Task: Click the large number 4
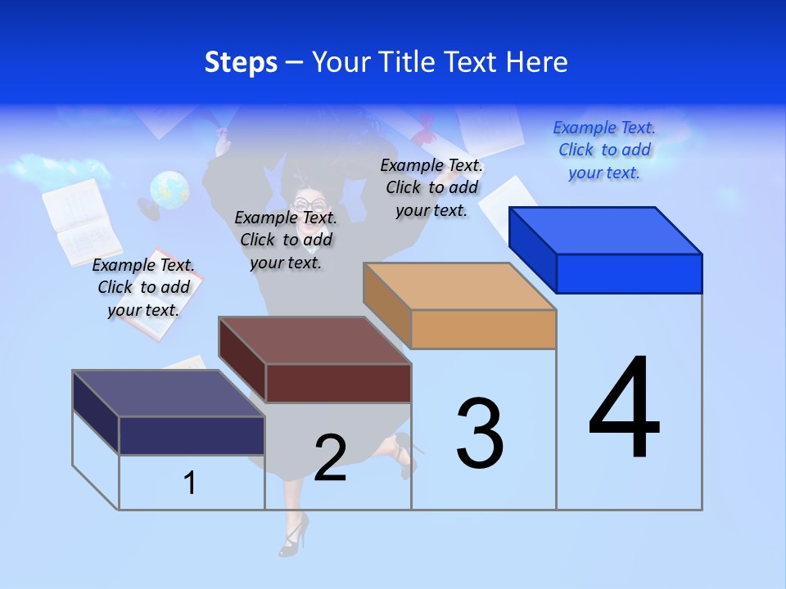(624, 409)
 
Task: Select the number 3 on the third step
(480, 434)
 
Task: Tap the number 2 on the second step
(330, 458)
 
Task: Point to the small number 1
(190, 483)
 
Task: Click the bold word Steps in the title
(241, 62)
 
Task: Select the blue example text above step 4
(604, 151)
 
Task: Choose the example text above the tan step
(431, 187)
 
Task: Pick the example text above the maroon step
(286, 240)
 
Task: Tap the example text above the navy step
(143, 287)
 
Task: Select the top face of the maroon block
(314, 340)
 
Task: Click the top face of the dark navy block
(169, 393)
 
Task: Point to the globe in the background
(169, 190)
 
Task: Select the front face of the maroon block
(338, 383)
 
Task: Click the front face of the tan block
(483, 329)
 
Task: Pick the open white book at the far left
(80, 220)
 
